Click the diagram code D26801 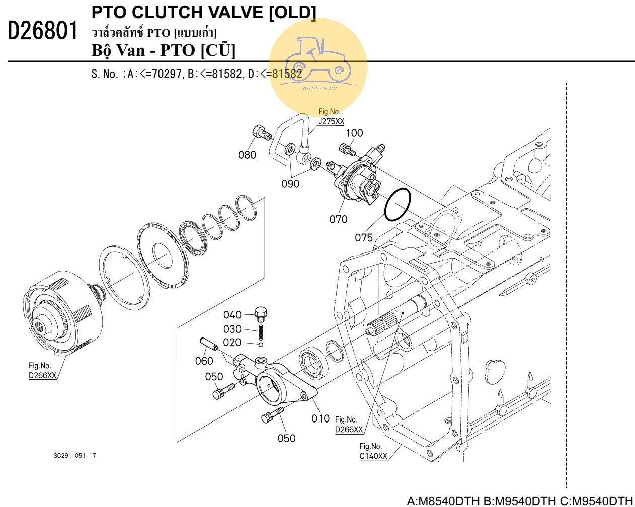(44, 32)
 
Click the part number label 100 (354, 133)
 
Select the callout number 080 (247, 155)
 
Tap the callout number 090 (290, 184)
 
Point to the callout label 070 (338, 219)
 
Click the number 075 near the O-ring (364, 237)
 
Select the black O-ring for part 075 (398, 205)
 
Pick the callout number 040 (232, 315)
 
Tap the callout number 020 (232, 343)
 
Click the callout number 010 (320, 418)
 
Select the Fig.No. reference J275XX (331, 121)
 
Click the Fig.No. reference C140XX (373, 456)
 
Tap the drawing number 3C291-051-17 (75, 456)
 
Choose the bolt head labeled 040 (261, 313)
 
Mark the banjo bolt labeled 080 (261, 132)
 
